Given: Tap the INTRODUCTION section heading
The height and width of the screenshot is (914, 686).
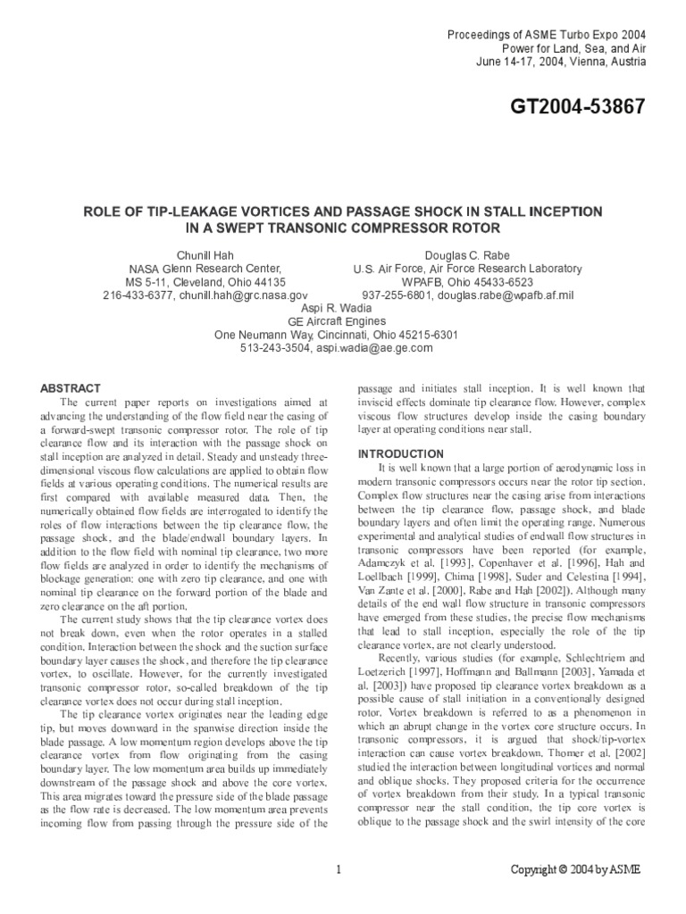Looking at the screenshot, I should [x=401, y=454].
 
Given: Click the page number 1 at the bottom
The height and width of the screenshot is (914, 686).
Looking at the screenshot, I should [x=340, y=869].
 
